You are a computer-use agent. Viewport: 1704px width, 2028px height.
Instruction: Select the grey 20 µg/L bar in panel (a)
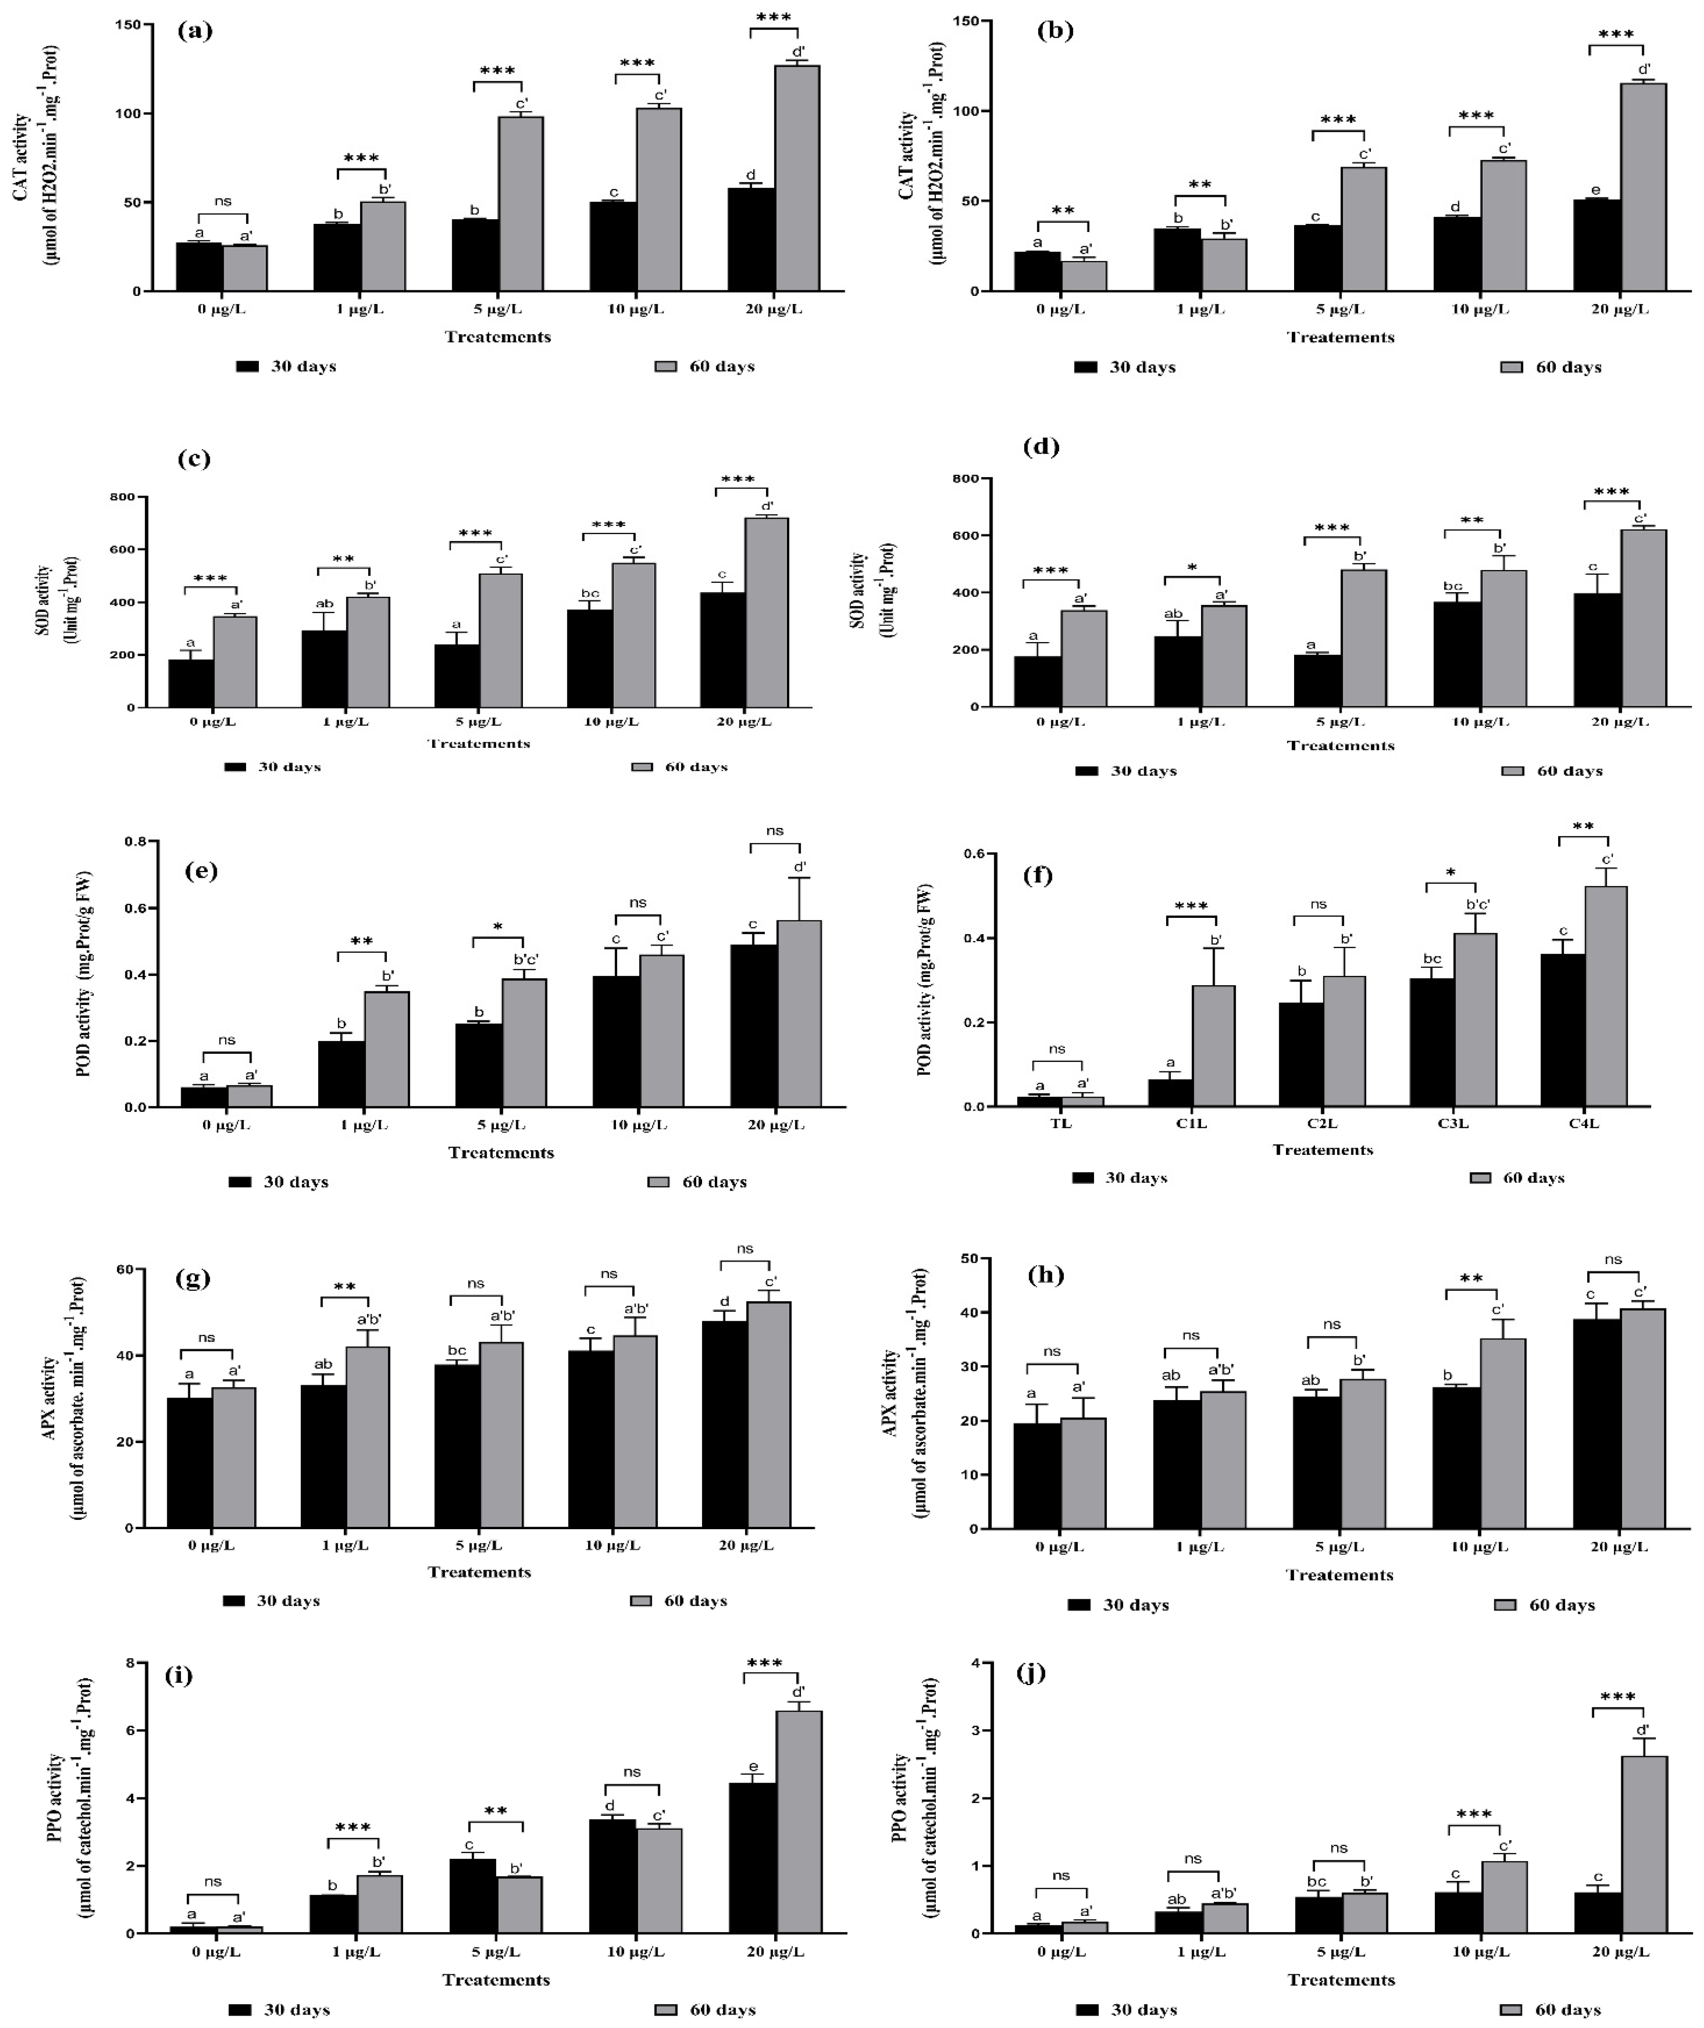click(797, 179)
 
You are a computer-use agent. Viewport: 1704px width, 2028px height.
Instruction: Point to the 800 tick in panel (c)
click(123, 498)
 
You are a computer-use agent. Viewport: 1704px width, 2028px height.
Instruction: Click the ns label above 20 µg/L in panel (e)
click(775, 830)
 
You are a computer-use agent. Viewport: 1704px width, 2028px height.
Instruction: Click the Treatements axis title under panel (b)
click(1340, 337)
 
